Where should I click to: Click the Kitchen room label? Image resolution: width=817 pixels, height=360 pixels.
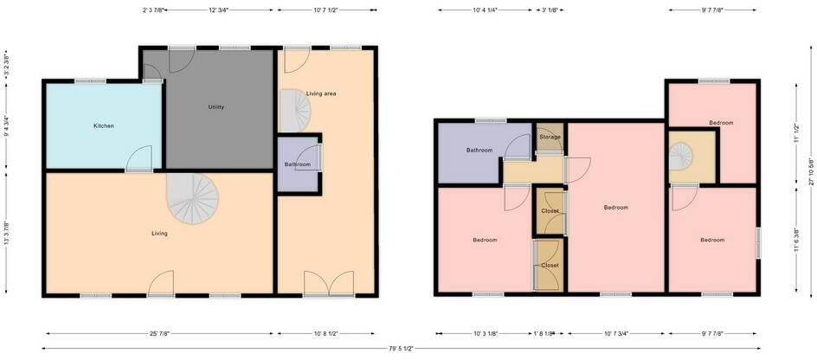tap(104, 126)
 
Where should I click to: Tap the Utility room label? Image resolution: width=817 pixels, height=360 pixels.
tap(216, 107)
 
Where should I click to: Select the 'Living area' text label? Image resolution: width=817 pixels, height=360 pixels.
tap(321, 93)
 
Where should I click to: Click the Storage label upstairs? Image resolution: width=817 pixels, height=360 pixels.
tap(550, 137)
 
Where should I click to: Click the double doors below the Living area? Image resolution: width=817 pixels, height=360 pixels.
tap(329, 284)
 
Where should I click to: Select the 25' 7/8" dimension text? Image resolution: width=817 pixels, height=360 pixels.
tap(160, 332)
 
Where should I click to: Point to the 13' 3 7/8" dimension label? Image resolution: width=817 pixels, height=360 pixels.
tap(8, 232)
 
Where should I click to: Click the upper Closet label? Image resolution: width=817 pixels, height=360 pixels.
tap(550, 211)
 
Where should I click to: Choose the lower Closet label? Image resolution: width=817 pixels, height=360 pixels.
tap(550, 265)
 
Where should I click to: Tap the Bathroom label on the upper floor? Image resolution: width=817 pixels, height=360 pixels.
tap(479, 150)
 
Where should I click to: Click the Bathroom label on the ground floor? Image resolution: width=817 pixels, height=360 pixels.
tap(297, 164)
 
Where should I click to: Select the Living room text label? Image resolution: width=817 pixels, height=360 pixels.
tap(159, 233)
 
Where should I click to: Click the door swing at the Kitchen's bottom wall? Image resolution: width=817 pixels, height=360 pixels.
tap(139, 159)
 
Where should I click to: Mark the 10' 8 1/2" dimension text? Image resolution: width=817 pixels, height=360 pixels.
tap(325, 332)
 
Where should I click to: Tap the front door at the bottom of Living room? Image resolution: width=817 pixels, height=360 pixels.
tap(161, 284)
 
